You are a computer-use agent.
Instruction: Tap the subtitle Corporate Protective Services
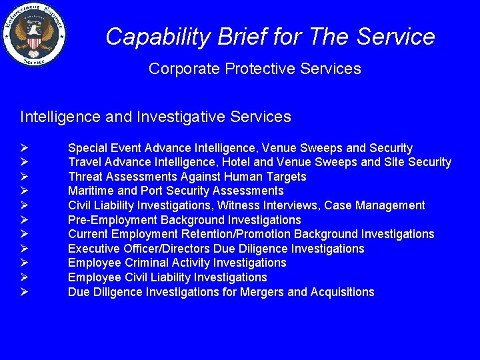[x=255, y=69]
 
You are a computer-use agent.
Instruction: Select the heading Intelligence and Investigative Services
[x=155, y=117]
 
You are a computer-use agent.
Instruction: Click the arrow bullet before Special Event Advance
[x=23, y=148]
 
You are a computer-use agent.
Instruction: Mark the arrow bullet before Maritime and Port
[x=23, y=191]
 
